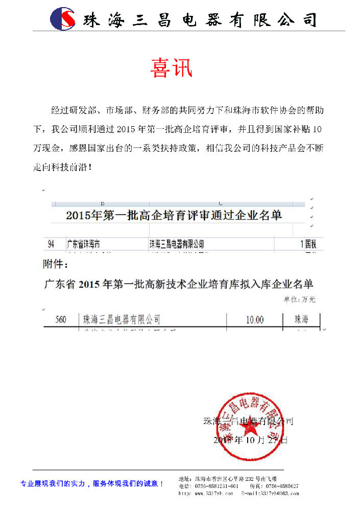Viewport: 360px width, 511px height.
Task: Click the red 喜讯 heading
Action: (x=172, y=68)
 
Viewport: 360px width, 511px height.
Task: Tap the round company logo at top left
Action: (x=62, y=19)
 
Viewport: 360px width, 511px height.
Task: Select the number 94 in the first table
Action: (x=51, y=244)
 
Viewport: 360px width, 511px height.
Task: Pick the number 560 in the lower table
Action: (x=61, y=320)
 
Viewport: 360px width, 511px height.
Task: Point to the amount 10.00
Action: (x=255, y=320)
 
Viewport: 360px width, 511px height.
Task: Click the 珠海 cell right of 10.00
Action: (x=301, y=320)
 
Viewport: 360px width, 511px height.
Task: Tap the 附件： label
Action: (x=55, y=265)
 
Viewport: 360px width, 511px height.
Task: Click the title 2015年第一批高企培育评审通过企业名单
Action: (x=174, y=216)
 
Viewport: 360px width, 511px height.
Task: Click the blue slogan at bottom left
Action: (x=92, y=483)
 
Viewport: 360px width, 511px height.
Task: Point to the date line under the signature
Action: (x=250, y=439)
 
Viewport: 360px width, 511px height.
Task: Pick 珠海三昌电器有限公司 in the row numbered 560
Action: (x=122, y=320)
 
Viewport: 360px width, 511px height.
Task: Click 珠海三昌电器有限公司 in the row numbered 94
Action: (x=176, y=244)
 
